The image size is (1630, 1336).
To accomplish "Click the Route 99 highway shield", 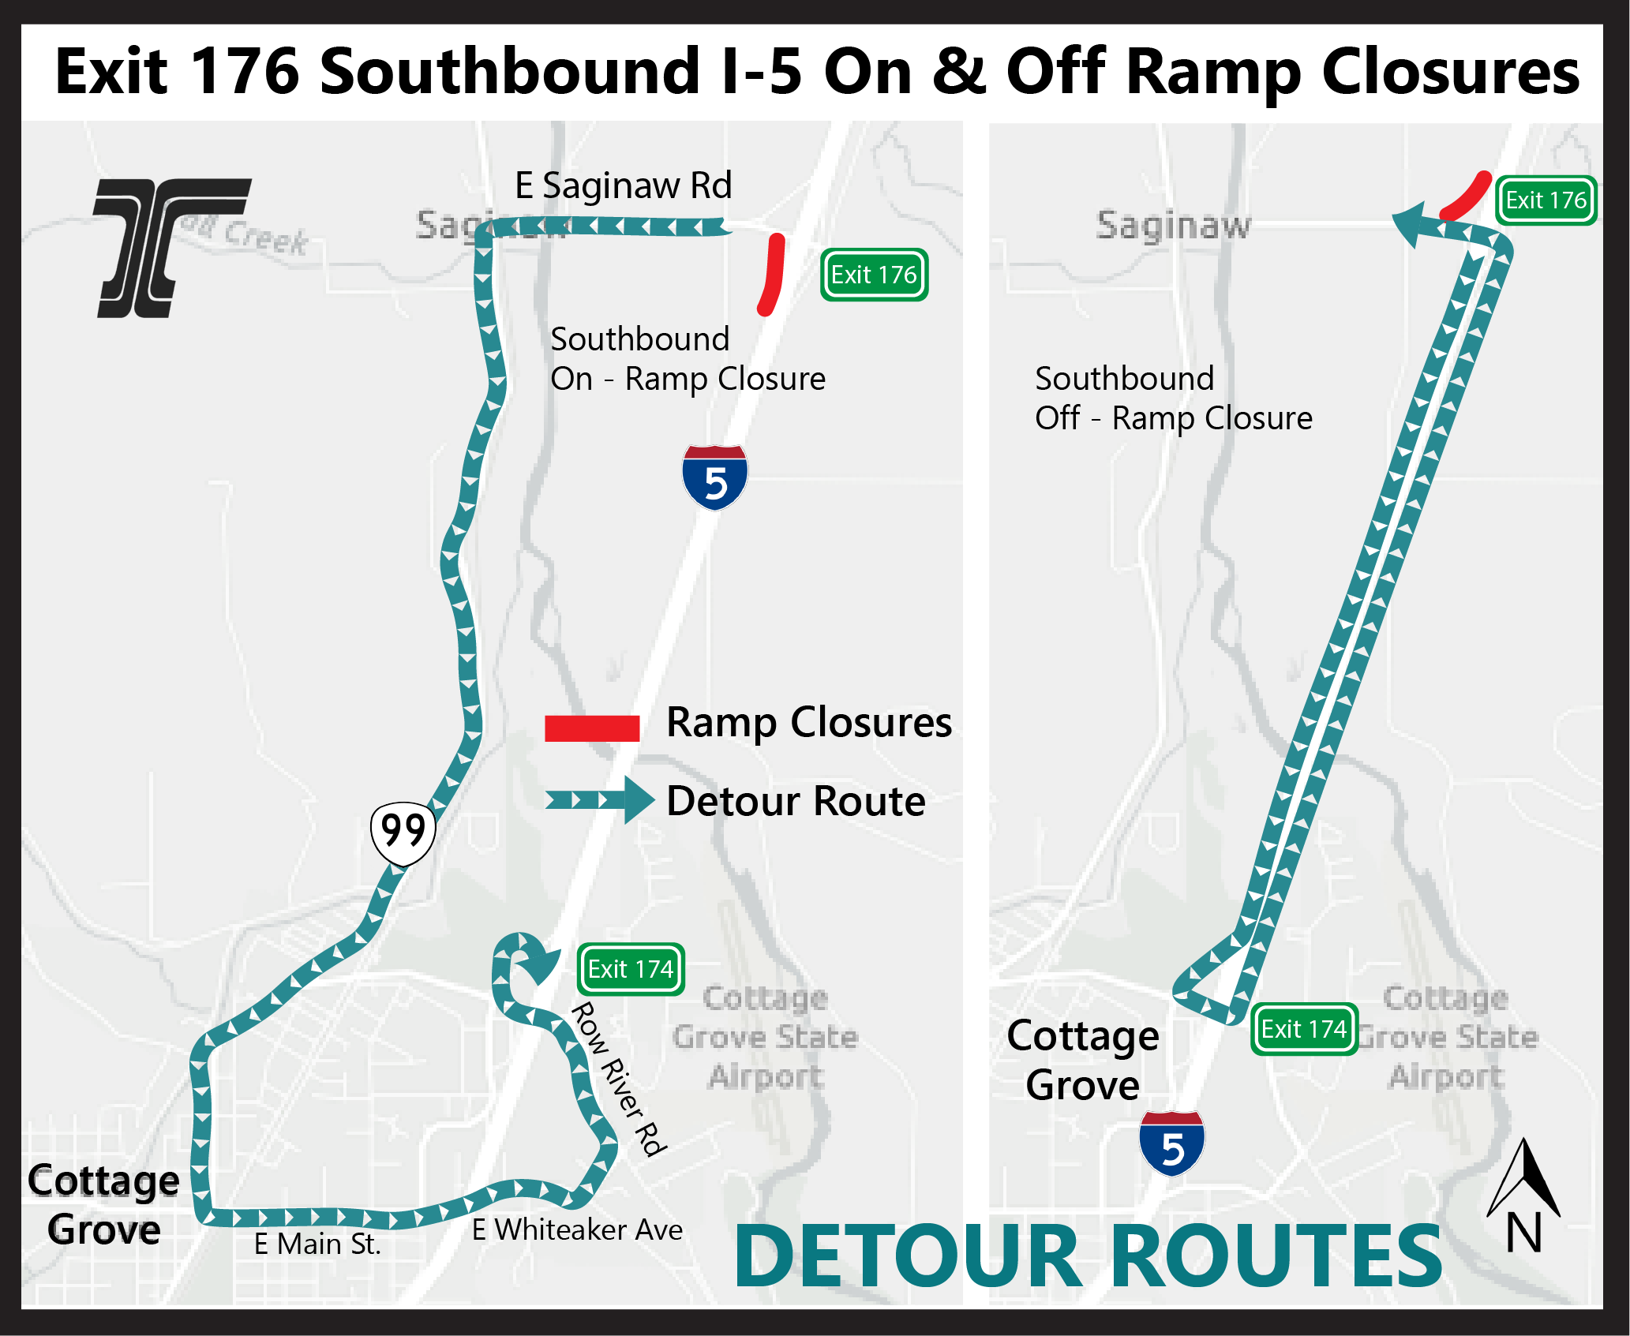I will coord(403,833).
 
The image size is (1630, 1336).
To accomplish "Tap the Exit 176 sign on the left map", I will coord(874,275).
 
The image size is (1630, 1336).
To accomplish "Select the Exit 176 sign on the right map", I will coord(1546,200).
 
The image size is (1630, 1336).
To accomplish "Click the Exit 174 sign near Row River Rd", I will coord(630,969).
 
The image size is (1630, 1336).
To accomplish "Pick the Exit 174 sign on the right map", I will coord(1303,1029).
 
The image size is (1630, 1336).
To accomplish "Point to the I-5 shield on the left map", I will coord(714,477).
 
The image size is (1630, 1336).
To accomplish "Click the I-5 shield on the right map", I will coord(1171,1143).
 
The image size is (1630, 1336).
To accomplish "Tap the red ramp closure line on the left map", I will coord(772,274).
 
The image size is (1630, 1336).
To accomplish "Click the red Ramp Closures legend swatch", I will coord(591,728).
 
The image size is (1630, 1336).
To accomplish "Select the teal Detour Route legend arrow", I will coord(600,800).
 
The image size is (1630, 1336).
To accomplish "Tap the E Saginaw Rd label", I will coord(623,186).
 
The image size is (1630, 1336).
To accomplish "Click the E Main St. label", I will coord(317,1244).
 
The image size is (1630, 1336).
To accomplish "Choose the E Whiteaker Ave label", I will coord(577,1229).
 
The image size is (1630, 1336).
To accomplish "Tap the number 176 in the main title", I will coord(245,72).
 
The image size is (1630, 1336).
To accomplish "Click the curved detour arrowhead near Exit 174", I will coord(539,964).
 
